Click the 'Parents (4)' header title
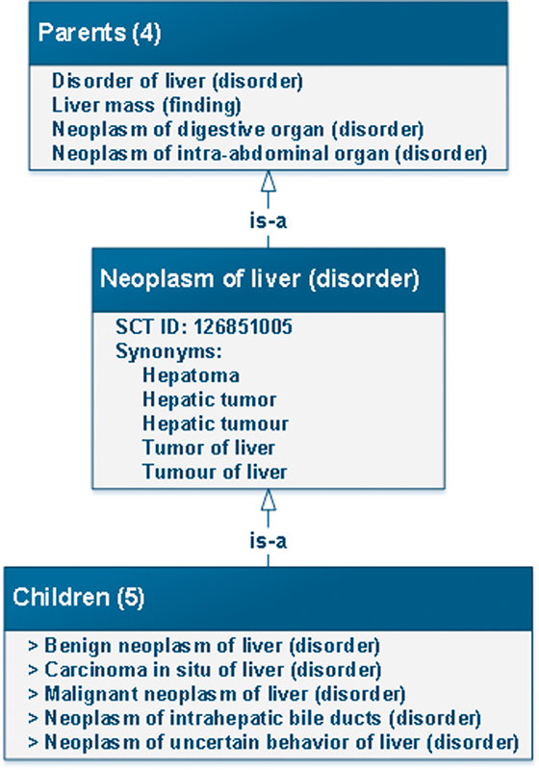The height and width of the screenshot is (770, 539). [x=100, y=33]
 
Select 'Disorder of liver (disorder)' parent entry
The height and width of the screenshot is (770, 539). [x=178, y=81]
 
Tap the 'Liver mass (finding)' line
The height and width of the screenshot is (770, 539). [x=146, y=105]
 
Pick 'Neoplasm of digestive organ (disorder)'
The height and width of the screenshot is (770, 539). [x=238, y=129]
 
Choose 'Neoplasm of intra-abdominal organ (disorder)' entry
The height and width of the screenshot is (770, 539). [x=269, y=153]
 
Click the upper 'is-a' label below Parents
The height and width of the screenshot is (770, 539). [x=268, y=221]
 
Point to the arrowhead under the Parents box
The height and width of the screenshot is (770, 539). [x=268, y=181]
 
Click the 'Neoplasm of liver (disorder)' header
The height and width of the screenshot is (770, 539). [x=260, y=279]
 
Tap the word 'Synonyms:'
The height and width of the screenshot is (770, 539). [x=168, y=351]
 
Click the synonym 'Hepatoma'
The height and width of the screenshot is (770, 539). [x=191, y=375]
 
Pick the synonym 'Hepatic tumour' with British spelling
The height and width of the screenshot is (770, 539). [x=216, y=423]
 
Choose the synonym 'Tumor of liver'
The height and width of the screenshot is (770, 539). [x=209, y=448]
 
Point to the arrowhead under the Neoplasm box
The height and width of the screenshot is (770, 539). [x=268, y=500]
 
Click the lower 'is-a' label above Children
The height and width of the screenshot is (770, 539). [x=268, y=541]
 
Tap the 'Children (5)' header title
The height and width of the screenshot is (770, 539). [x=79, y=597]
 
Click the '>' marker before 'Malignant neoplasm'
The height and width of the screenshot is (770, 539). [x=33, y=694]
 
